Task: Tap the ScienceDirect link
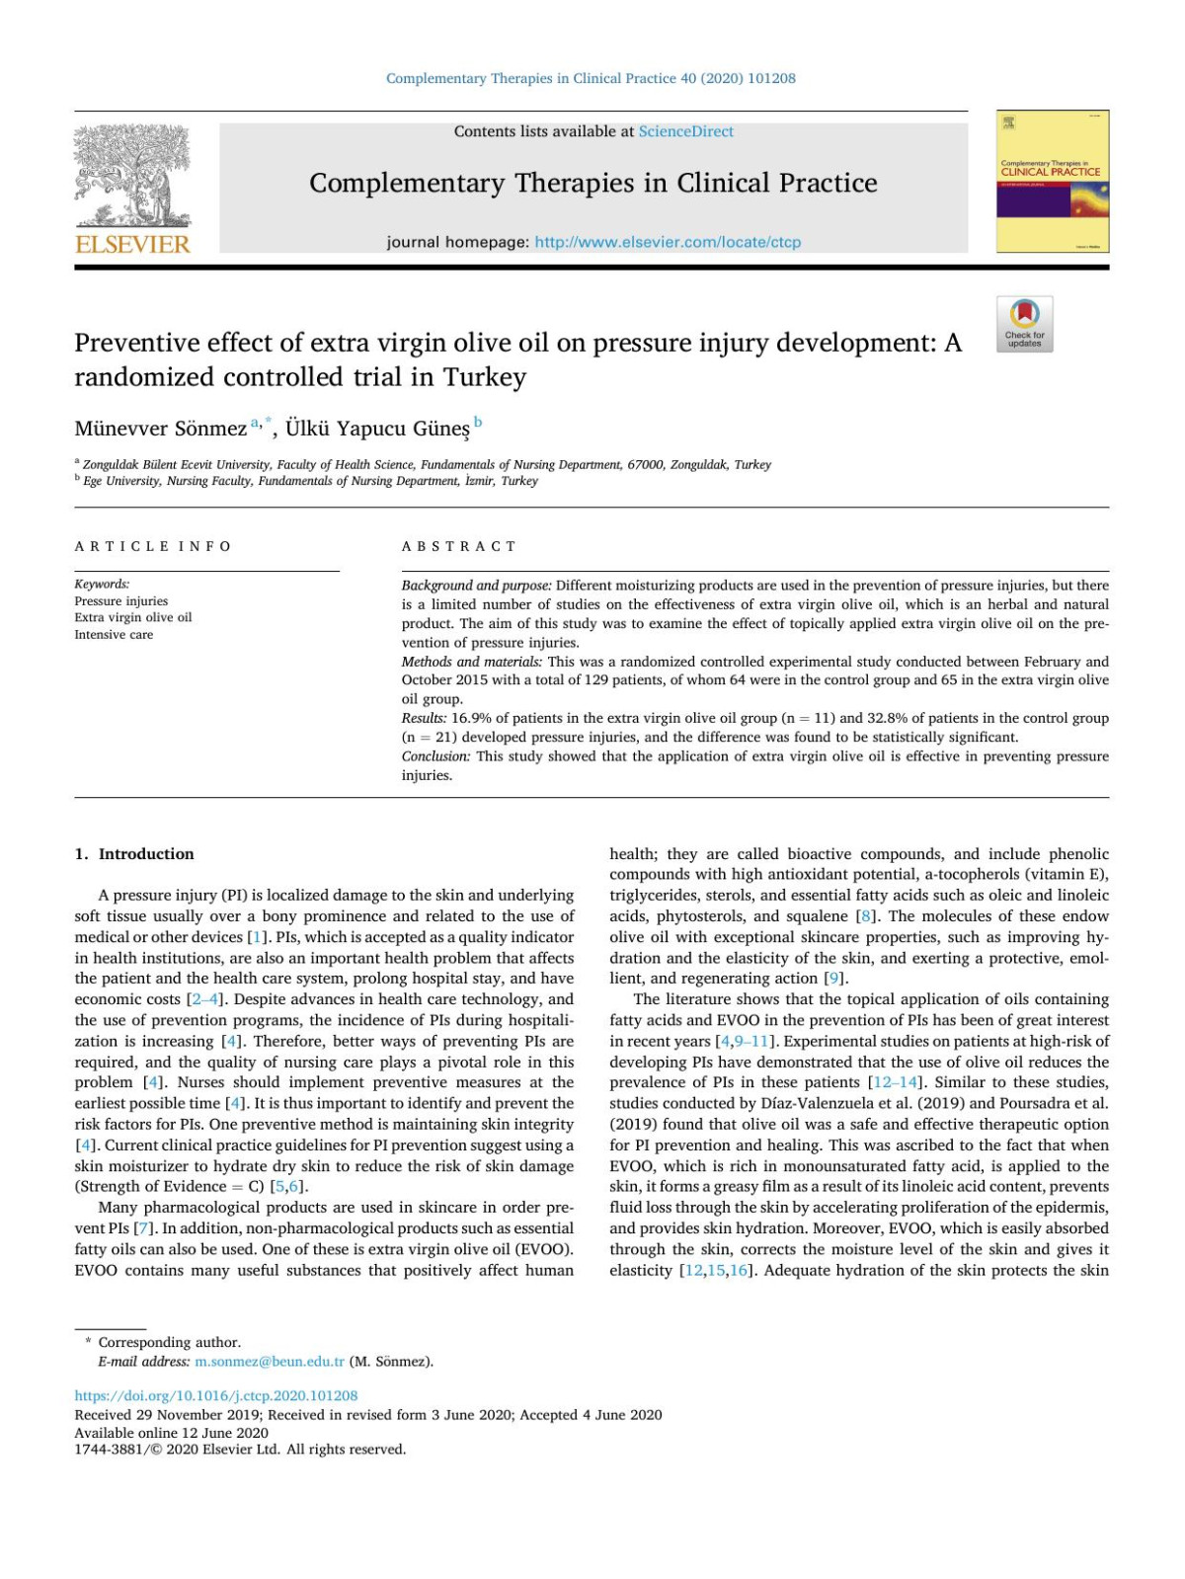coord(685,131)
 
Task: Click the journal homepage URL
coord(668,242)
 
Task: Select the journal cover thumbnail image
coord(1053,182)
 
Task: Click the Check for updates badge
coord(1024,324)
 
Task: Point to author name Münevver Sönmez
coord(160,429)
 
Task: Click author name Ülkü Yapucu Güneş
coord(377,429)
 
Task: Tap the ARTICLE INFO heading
coord(153,546)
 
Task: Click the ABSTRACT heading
coord(458,546)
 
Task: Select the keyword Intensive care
coord(114,635)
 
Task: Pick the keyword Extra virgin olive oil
coord(133,618)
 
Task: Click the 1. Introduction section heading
coord(134,854)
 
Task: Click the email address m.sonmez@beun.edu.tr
coord(270,1362)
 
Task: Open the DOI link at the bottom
coord(216,1396)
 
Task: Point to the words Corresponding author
coord(169,1342)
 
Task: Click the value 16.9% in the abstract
coord(470,718)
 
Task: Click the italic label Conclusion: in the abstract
coord(435,756)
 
